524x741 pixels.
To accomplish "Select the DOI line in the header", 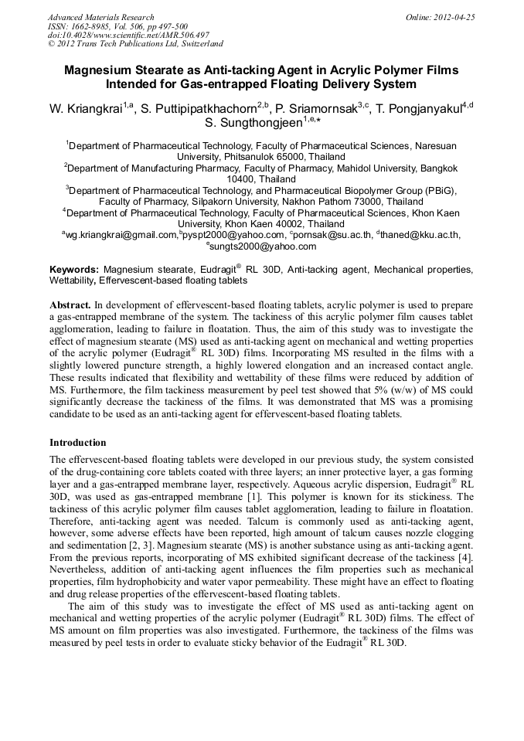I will pyautogui.click(x=128, y=35).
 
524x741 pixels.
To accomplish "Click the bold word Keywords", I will pyautogui.click(x=74, y=270).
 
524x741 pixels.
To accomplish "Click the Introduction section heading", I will pyautogui.click(x=77, y=443).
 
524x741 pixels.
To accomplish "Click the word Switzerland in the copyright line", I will pyautogui.click(x=199, y=44).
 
